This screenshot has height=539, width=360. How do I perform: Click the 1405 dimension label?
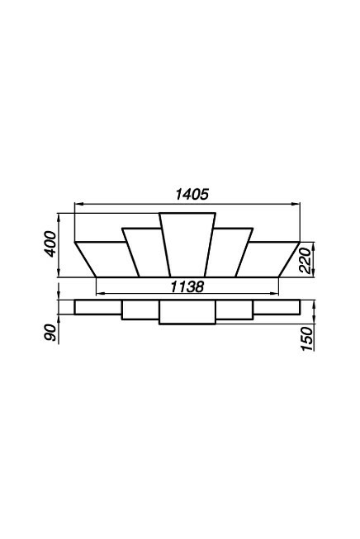click(x=192, y=195)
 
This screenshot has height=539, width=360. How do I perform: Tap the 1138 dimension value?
click(x=187, y=286)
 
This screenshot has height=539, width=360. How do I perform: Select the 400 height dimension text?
click(x=50, y=244)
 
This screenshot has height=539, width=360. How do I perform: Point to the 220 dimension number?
click(x=305, y=260)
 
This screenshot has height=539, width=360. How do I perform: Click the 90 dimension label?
click(x=50, y=332)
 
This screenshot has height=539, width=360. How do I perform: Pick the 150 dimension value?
click(x=306, y=339)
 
